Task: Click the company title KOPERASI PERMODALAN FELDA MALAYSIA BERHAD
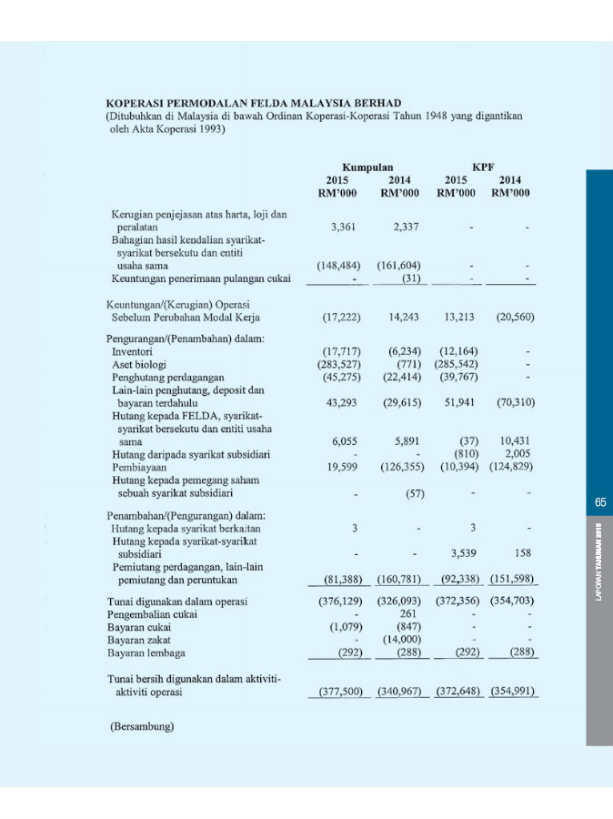[x=254, y=103]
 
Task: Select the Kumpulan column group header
[x=367, y=167]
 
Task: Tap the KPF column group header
[x=483, y=167]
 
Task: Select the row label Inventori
[x=132, y=350]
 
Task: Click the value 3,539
[x=467, y=552]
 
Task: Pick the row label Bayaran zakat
[x=138, y=639]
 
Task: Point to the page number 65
[x=600, y=502]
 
